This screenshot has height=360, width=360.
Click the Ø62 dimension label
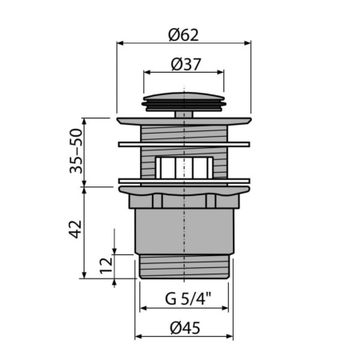click(x=183, y=34)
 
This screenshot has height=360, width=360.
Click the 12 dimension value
click(x=103, y=265)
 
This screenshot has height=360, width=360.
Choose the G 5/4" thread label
click(x=183, y=301)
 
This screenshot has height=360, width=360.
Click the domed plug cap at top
click(x=183, y=100)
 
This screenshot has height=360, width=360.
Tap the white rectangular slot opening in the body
click(x=184, y=167)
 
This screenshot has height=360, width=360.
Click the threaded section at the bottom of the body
click(x=184, y=266)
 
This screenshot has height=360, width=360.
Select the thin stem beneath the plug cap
click(x=184, y=114)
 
